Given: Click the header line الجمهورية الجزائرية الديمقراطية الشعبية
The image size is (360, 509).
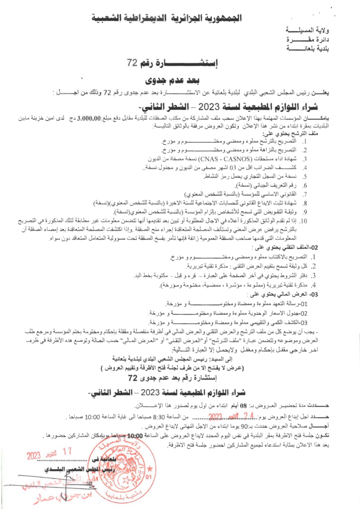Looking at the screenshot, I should pos(180,18).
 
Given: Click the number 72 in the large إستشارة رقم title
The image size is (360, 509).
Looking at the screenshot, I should pos(132,63).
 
